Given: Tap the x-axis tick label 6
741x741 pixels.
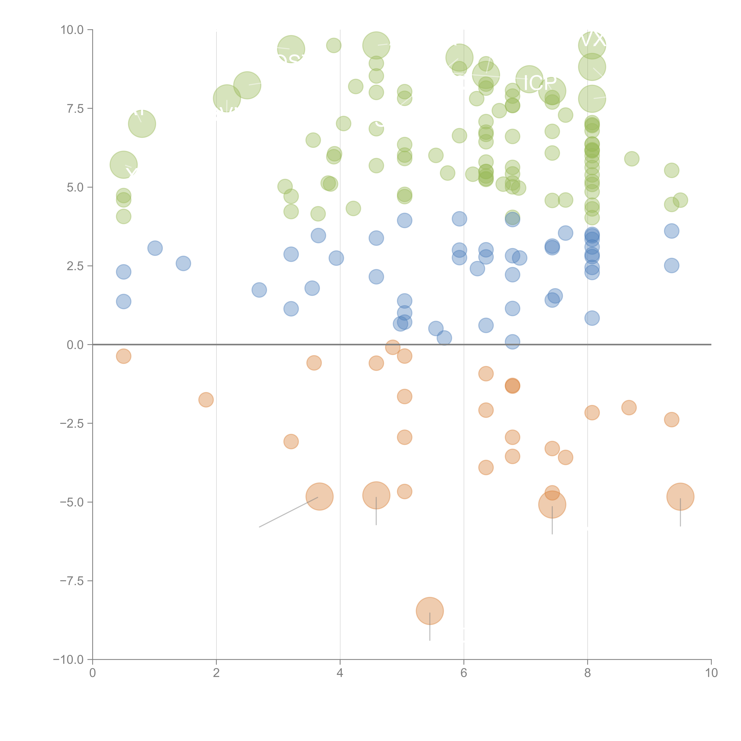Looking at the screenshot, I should [464, 673].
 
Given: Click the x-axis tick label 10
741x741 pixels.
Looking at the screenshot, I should [711, 673].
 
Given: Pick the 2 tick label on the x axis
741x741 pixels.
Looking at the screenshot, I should [216, 673].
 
